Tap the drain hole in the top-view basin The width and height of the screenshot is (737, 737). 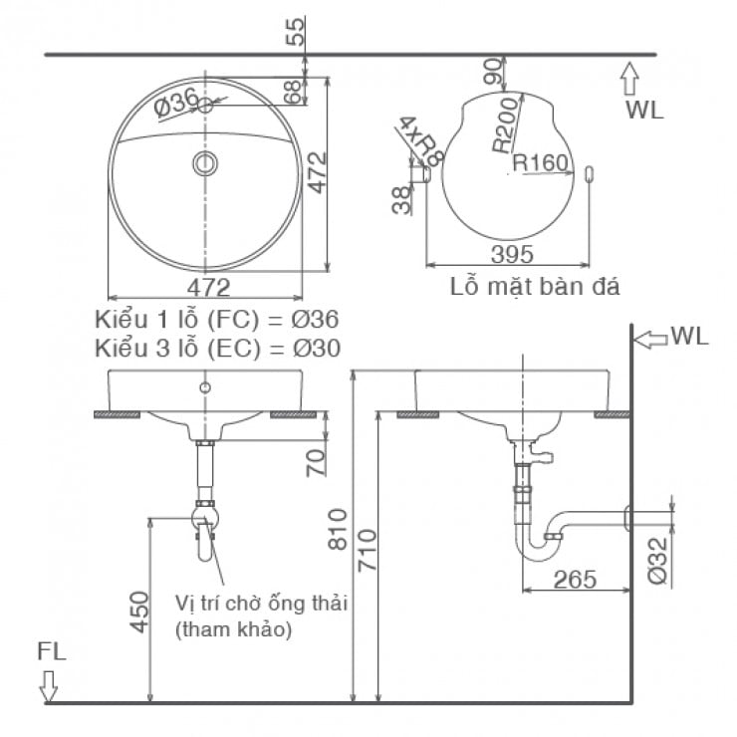pos(205,163)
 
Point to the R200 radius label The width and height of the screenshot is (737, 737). pos(506,123)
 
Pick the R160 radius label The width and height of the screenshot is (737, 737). pos(539,162)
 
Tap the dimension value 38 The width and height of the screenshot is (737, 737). pos(400,200)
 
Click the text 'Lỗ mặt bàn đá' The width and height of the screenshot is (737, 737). pos(535,288)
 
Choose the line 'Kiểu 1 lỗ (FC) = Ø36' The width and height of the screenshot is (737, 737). pos(217,321)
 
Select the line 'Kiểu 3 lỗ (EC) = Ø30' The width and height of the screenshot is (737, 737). pos(217,348)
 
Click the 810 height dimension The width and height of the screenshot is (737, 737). pos(336,529)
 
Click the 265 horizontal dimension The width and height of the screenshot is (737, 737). pos(575,579)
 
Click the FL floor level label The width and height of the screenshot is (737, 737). pos(51,652)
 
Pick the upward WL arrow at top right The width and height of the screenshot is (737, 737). pos(628,78)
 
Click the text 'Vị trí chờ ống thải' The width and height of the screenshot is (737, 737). pos(263,605)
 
